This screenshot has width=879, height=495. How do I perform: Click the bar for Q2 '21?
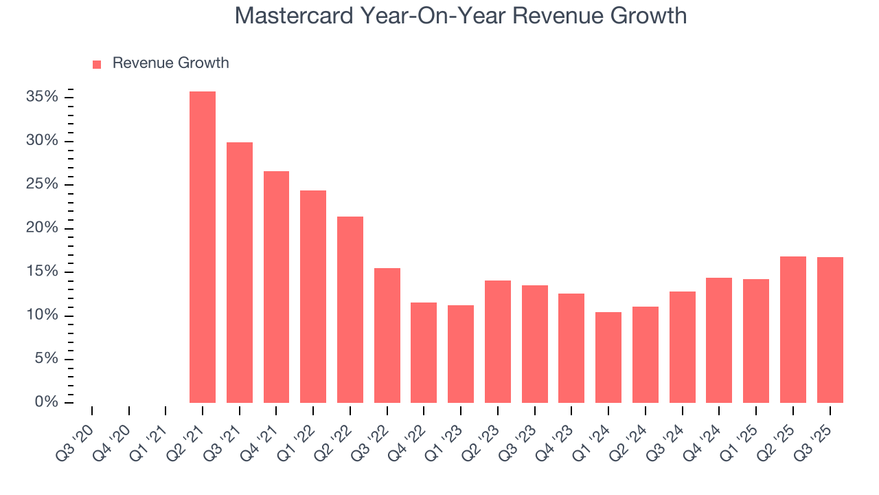(x=203, y=247)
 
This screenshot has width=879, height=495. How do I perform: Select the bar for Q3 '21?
(x=240, y=272)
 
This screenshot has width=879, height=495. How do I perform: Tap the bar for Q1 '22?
(x=313, y=296)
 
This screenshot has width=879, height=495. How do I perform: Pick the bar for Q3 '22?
(x=387, y=335)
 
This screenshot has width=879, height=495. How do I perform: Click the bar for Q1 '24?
(x=608, y=357)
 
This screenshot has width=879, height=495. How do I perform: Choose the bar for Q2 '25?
(x=793, y=329)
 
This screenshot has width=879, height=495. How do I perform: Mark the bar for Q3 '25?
(x=830, y=330)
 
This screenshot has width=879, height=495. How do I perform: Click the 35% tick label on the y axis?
(x=42, y=97)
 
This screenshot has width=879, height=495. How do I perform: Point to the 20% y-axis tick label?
(x=42, y=228)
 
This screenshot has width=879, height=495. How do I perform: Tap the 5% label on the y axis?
(x=46, y=359)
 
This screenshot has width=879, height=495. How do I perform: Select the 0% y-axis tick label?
(x=46, y=402)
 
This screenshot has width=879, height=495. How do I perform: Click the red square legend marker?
(x=97, y=64)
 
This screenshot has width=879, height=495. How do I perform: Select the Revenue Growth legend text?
(x=170, y=63)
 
